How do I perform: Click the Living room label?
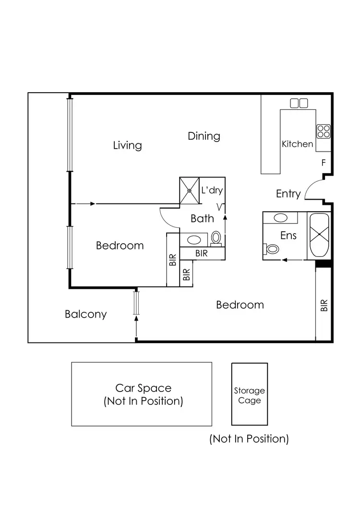coord(127,145)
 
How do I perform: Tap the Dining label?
coord(204,136)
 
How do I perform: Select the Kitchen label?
coord(297,144)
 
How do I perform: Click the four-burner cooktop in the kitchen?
coord(323,131)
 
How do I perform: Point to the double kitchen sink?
coord(299,103)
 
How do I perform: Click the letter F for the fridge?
coord(323,163)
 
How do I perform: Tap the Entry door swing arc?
coord(312,187)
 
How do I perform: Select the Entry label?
coord(288,194)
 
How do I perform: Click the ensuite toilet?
coord(272,249)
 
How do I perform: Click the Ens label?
coord(288,236)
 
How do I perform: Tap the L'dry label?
coord(212,190)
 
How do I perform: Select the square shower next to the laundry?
coord(189,190)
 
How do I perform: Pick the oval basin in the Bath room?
coord(194,239)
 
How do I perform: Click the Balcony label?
coord(85,315)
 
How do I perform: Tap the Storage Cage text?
coord(249,396)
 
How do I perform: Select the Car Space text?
coord(143,388)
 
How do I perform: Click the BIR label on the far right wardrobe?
coord(324,306)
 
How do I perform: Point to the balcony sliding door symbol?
coord(136,303)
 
